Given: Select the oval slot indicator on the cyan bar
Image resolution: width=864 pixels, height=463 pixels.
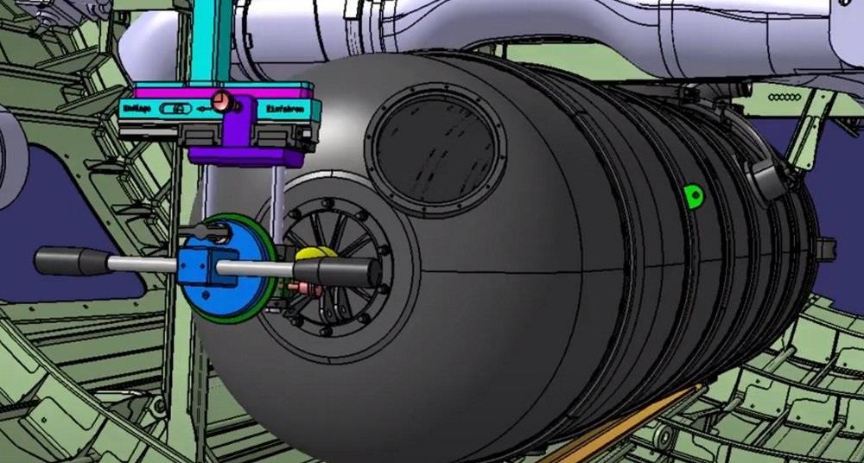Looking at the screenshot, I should tap(177, 110).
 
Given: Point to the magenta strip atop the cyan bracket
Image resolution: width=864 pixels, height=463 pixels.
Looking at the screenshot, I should tap(216, 90).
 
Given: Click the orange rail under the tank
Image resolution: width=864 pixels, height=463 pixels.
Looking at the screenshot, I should tap(622, 424).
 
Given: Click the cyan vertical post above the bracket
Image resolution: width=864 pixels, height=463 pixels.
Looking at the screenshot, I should tap(212, 39).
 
